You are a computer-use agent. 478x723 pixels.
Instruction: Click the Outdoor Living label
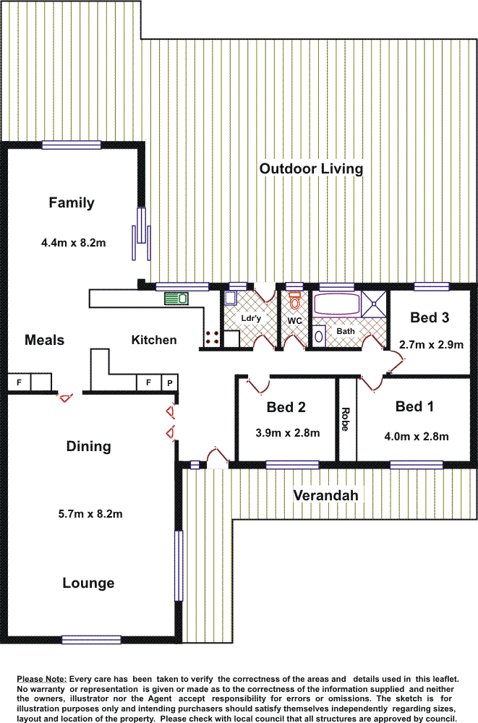tap(311, 168)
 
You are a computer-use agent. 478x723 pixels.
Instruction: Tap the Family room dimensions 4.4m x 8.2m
tap(74, 243)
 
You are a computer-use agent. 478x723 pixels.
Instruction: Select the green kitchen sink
tap(176, 298)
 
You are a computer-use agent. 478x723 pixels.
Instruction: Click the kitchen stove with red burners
tap(213, 337)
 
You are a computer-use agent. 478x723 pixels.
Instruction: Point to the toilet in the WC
tap(294, 300)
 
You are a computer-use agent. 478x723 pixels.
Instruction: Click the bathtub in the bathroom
tap(336, 304)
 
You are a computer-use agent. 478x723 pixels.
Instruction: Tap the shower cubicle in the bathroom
tap(374, 303)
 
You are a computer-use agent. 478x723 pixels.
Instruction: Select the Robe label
tap(346, 419)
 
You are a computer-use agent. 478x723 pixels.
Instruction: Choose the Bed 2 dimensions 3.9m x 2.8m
tap(286, 434)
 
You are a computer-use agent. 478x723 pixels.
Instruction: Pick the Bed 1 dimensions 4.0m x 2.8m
tap(416, 436)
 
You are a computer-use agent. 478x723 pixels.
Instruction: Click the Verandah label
tap(325, 495)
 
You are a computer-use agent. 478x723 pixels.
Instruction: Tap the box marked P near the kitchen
tap(170, 382)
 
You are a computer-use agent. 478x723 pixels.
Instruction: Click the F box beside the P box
tap(148, 382)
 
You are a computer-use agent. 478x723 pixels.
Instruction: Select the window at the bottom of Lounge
tap(91, 639)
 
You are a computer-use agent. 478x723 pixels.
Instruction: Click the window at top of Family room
tap(71, 145)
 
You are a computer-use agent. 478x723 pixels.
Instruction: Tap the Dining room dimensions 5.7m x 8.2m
tap(90, 514)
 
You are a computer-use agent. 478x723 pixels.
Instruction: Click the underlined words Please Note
tap(41, 680)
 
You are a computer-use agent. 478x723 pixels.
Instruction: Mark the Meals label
tap(44, 340)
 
